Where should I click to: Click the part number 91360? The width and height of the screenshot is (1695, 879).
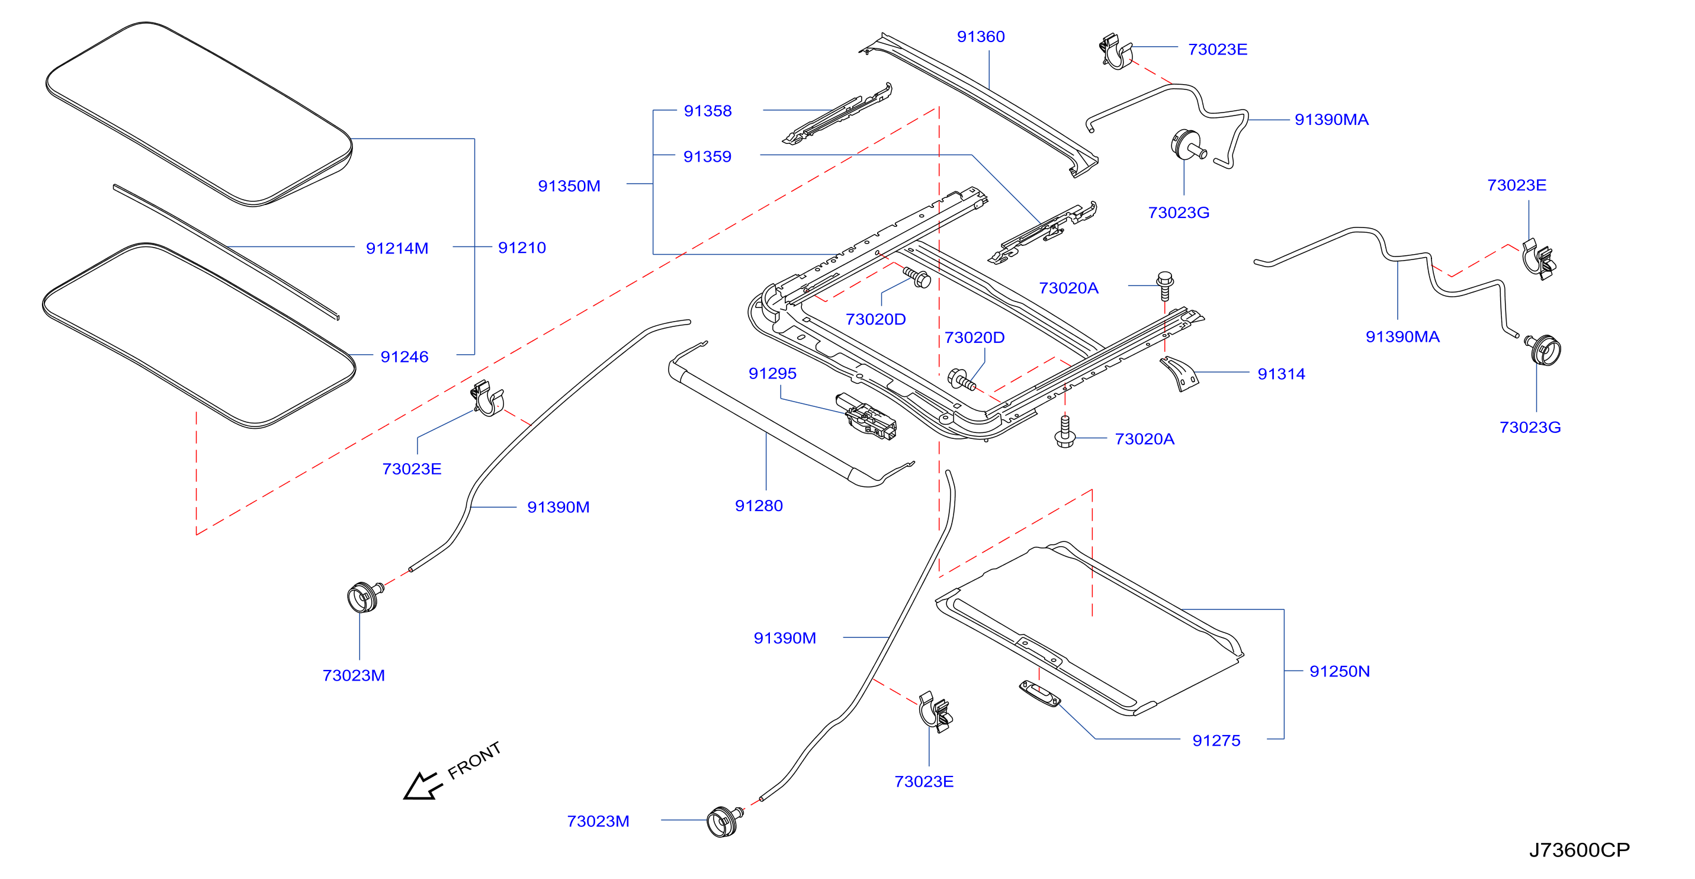click(x=980, y=37)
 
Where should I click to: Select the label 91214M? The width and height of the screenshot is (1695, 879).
click(x=397, y=248)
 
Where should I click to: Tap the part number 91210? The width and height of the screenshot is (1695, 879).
click(x=522, y=248)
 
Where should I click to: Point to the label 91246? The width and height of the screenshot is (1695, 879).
click(x=404, y=357)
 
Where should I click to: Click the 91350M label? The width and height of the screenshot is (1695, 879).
click(x=569, y=185)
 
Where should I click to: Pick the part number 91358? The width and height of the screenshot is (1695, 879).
click(x=707, y=111)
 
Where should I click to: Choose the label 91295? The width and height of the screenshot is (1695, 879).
click(x=772, y=373)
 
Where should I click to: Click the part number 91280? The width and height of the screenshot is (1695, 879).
click(x=759, y=505)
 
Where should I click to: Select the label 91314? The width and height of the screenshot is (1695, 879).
click(x=1281, y=374)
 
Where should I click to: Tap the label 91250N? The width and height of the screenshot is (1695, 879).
click(x=1339, y=671)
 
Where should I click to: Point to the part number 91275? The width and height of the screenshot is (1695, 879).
click(x=1216, y=740)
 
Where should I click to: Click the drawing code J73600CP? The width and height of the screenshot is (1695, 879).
click(x=1579, y=850)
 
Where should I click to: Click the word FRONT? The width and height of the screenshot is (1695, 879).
click(x=474, y=761)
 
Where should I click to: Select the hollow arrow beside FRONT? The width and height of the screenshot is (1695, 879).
click(x=422, y=786)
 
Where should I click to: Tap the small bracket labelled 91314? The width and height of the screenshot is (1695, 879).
click(x=1179, y=374)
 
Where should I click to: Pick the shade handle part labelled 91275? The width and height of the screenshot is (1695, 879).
click(x=1039, y=694)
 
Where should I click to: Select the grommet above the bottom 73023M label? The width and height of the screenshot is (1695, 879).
click(x=724, y=821)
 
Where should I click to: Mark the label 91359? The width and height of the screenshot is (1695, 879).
click(x=707, y=156)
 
